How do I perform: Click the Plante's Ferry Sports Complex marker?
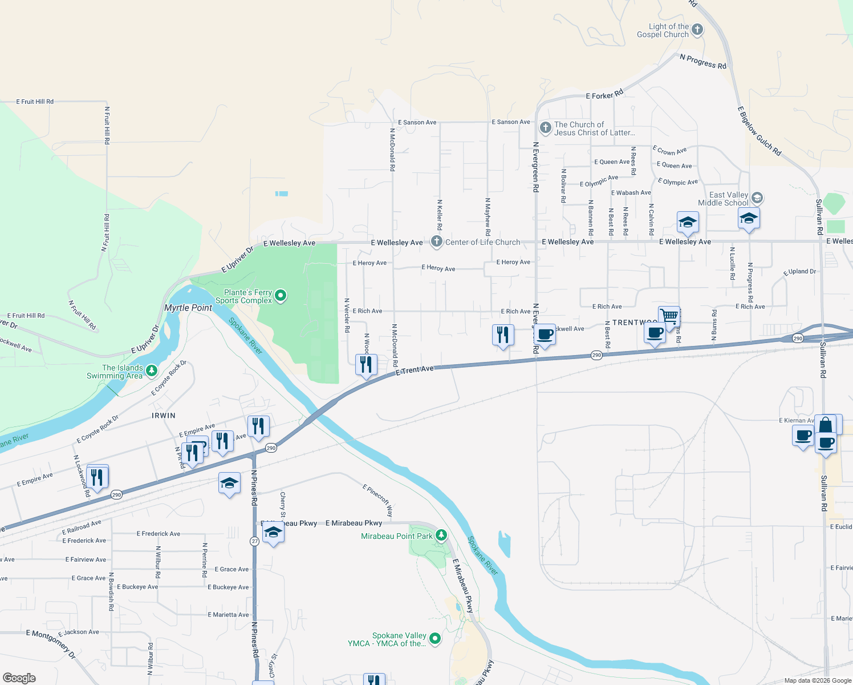tap(281, 296)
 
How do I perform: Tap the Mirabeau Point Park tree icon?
tap(441, 535)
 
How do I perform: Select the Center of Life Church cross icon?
tap(436, 241)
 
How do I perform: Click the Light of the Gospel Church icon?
tap(697, 30)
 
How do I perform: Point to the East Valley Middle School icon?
tap(757, 198)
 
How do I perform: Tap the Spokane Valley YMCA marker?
tap(435, 638)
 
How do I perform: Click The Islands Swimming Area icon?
tap(151, 371)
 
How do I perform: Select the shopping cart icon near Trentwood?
tap(669, 316)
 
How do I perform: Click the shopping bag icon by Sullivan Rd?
tap(826, 425)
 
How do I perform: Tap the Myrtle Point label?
tap(188, 308)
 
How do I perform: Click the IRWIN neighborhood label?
tap(164, 416)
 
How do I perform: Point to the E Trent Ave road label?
tap(415, 370)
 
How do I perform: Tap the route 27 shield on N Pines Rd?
tap(255, 541)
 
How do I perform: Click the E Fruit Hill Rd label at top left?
tap(35, 102)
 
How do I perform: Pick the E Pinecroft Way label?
tap(378, 500)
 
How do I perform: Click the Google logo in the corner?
tap(19, 678)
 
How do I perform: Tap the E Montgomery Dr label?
tap(51, 644)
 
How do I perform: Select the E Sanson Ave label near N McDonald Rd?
tap(417, 122)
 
